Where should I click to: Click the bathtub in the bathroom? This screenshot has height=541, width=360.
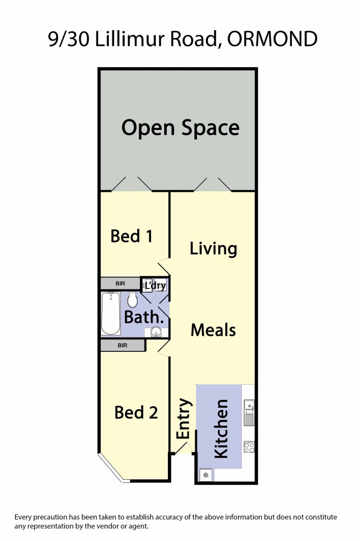(x=111, y=313)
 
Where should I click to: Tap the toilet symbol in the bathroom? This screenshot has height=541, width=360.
(x=132, y=299)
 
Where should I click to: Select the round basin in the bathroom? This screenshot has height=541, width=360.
(x=156, y=333)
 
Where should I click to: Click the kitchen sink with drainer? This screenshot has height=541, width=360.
(x=249, y=413)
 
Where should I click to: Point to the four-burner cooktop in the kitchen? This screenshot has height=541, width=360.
(x=249, y=447)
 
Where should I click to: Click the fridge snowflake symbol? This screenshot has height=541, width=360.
(x=206, y=475)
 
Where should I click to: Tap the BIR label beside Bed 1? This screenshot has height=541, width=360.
(x=120, y=284)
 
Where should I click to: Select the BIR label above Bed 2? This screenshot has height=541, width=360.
(x=122, y=346)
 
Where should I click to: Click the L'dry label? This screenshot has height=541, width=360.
(x=155, y=286)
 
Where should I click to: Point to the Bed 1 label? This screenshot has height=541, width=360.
(x=131, y=236)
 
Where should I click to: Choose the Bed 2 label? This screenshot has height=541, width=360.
(x=136, y=412)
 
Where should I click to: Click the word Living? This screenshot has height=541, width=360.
(x=213, y=249)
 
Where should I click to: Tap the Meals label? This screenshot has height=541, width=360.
(x=213, y=330)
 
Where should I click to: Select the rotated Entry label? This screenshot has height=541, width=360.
(x=183, y=418)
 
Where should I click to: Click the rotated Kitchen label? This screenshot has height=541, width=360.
(x=221, y=429)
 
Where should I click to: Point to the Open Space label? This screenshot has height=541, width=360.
(x=181, y=128)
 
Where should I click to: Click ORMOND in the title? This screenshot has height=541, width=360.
(x=272, y=39)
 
